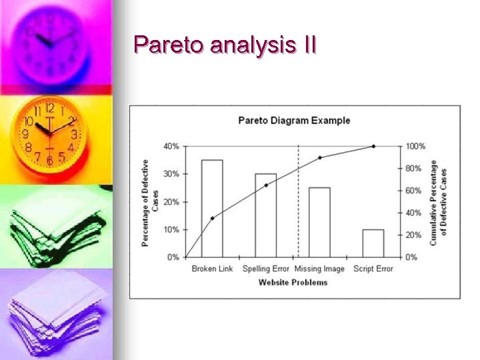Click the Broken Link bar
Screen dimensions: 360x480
212,208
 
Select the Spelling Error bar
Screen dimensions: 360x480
265,215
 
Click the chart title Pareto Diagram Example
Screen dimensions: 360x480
294,121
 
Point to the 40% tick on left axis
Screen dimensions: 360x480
171,146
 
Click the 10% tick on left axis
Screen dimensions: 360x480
171,229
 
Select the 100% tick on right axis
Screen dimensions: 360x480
416,146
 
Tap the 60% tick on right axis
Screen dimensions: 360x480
414,191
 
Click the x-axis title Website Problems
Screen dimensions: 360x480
293,282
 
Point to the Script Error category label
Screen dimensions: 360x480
373,269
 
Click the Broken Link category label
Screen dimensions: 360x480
212,269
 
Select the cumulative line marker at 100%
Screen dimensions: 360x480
373,146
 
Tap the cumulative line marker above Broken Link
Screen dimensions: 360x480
212,218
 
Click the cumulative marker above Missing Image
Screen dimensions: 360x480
320,157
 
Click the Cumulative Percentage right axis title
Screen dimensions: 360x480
438,201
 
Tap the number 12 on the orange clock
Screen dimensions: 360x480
49,108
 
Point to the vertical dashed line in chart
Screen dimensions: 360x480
298,200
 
